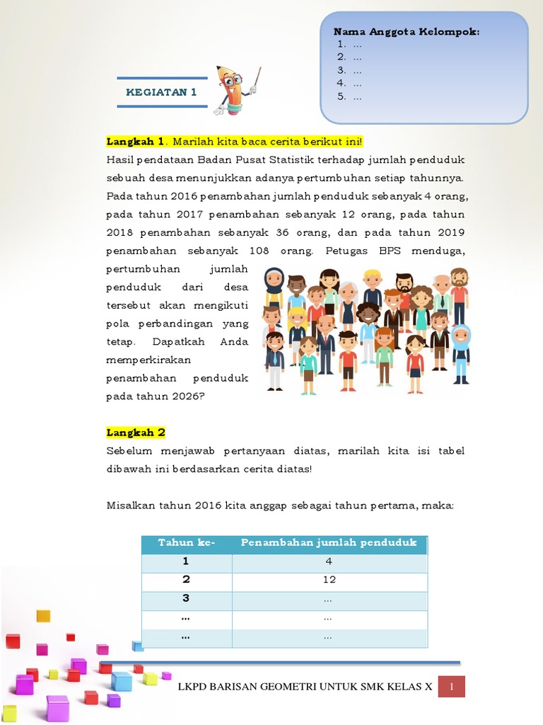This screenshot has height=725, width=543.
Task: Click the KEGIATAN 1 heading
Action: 161,92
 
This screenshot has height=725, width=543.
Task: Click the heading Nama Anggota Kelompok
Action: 407,32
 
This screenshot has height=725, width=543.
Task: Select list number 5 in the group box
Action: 341,96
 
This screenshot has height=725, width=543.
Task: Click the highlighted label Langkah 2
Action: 136,433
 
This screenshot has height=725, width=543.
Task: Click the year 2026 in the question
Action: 185,396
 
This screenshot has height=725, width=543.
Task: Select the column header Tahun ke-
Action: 187,543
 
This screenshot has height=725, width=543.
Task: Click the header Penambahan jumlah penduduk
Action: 329,543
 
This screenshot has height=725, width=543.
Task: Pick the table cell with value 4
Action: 329,561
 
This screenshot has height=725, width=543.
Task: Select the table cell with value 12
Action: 329,580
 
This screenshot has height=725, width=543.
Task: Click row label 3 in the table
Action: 186,598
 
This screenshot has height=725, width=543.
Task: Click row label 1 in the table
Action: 186,561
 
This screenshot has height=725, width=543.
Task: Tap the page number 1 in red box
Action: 451,687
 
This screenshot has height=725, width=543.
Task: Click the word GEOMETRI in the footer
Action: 292,687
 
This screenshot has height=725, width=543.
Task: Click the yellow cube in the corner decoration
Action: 43,615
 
